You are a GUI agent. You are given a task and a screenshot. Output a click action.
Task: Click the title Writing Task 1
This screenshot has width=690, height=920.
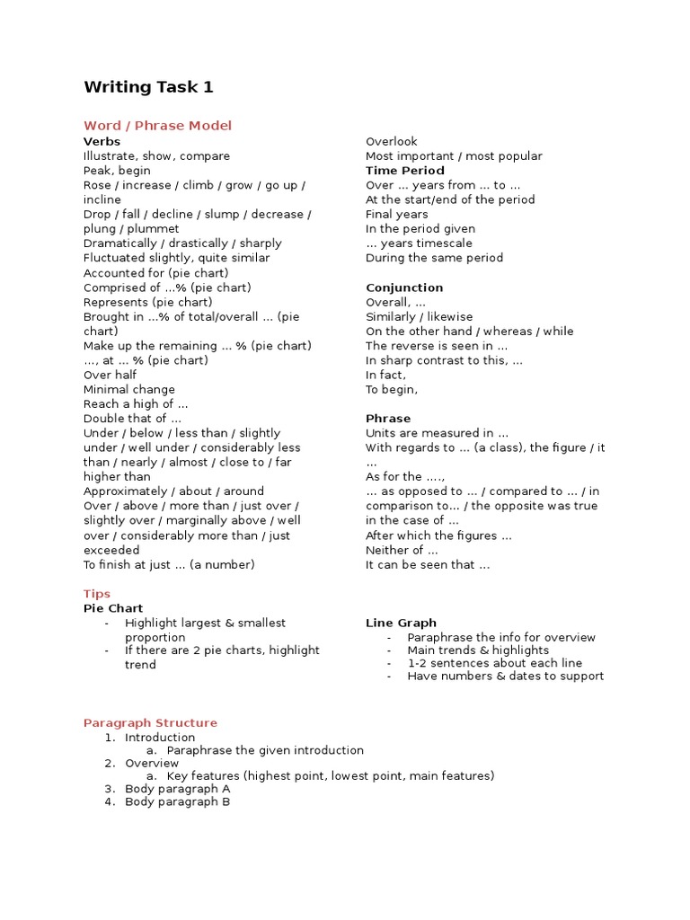[x=148, y=87]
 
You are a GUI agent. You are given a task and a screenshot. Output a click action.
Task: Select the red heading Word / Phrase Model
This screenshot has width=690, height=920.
[x=157, y=126]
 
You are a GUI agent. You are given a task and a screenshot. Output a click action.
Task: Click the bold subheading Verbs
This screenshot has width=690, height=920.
[x=102, y=141]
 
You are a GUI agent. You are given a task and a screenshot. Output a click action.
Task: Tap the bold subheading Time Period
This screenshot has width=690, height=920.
[x=404, y=171]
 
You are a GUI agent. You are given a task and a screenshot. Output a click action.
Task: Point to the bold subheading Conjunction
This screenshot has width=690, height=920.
[x=404, y=287]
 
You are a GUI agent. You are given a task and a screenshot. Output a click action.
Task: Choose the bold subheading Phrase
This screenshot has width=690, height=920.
[x=388, y=419]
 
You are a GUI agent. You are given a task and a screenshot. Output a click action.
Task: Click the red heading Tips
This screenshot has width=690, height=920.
[x=97, y=594]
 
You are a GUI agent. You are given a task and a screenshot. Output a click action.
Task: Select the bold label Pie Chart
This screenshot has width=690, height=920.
[x=113, y=608]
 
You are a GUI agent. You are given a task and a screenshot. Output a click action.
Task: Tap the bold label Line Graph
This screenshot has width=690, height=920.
[x=401, y=623]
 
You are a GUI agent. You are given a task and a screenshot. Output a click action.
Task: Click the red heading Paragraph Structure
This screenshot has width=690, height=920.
[x=150, y=722]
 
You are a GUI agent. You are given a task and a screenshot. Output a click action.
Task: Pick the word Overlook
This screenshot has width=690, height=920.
[x=392, y=141]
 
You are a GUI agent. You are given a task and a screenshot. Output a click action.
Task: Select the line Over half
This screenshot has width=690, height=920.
[x=110, y=375]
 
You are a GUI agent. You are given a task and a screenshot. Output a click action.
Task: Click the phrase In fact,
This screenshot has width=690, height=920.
[x=385, y=375]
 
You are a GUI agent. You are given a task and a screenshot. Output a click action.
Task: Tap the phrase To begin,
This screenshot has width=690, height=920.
[x=392, y=390]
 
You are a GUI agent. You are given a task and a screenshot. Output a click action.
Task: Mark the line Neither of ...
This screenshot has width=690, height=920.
[x=402, y=550]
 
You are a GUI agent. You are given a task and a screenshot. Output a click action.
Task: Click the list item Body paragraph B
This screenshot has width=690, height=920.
[x=177, y=802]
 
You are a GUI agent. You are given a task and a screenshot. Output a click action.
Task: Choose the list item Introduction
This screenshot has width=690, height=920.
[x=160, y=738]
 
